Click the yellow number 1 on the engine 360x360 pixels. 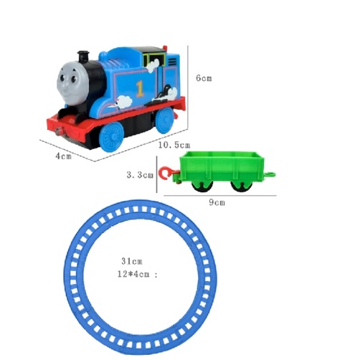tap(140, 89)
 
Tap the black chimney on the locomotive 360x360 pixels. tap(83, 57)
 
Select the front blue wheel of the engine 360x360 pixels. tap(111, 136)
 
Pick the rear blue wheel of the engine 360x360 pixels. tap(165, 120)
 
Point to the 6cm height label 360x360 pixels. tap(204, 78)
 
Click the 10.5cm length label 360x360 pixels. tap(174, 145)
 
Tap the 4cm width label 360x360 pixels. tap(64, 156)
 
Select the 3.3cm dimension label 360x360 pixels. tap(140, 175)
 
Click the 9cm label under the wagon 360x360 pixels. tap(217, 202)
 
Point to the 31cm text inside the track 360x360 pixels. tap(132, 261)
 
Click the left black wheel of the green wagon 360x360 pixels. tap(202, 186)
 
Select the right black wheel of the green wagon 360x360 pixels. tap(240, 186)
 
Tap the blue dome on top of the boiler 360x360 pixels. tap(103, 56)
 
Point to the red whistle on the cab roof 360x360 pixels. tap(165, 48)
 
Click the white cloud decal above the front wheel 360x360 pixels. tap(125, 101)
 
